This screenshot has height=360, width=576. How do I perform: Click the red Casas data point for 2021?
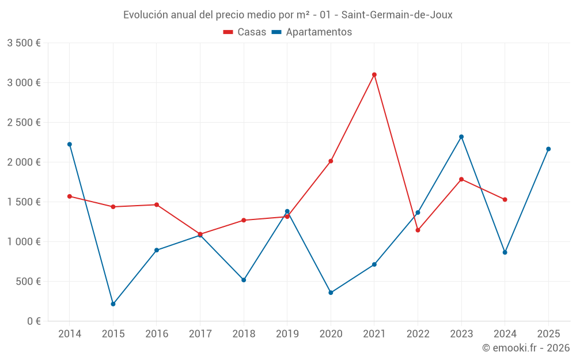(x=374, y=74)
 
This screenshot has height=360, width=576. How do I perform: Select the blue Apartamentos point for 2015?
(x=113, y=304)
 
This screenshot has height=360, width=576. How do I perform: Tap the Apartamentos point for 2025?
(x=548, y=149)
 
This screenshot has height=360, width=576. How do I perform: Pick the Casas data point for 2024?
(x=505, y=200)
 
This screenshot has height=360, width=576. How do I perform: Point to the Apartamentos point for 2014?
(x=70, y=145)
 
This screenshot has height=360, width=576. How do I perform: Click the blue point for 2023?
(x=461, y=137)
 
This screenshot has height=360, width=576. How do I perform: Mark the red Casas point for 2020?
(x=331, y=161)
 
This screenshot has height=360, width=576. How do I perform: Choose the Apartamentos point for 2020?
(x=331, y=293)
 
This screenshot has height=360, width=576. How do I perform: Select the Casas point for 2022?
(x=418, y=230)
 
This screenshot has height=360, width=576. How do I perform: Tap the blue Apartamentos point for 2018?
(x=244, y=280)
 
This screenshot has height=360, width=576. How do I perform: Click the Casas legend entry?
(x=245, y=32)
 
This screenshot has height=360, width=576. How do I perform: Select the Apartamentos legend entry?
(x=312, y=32)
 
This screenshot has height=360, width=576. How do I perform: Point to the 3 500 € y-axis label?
(x=24, y=43)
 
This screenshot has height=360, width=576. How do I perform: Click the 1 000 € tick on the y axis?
(x=24, y=242)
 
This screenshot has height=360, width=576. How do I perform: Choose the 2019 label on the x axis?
(x=287, y=334)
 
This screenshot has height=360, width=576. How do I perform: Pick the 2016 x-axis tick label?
(x=157, y=334)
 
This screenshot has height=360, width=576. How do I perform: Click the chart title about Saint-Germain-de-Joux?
(x=287, y=15)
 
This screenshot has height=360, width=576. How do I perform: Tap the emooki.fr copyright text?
(x=525, y=348)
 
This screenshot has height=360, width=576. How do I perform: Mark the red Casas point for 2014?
(x=70, y=196)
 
